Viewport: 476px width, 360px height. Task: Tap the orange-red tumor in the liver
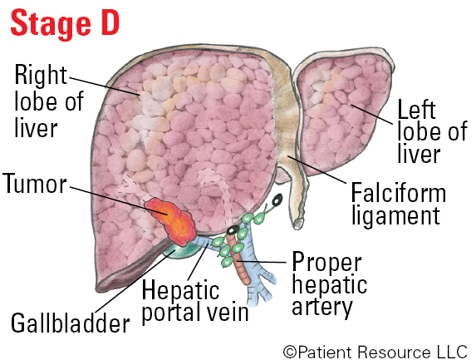point(171,220)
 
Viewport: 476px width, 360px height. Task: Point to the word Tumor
point(35,184)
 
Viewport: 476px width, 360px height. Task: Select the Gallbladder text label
point(71,323)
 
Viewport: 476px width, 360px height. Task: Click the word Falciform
point(398,193)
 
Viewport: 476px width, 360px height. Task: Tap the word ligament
point(396,216)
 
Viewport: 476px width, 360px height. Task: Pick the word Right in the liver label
point(41,75)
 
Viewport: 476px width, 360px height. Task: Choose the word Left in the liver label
point(416,110)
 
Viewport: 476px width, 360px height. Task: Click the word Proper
point(326,262)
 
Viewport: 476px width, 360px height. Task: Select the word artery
point(322,308)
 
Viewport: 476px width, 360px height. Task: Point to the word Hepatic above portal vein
point(180,290)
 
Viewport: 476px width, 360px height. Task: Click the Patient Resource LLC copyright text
point(375,352)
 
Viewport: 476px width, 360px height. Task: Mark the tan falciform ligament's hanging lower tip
point(298,224)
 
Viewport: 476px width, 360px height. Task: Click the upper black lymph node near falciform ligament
point(277,200)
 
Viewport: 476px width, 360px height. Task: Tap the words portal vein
point(195,313)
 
